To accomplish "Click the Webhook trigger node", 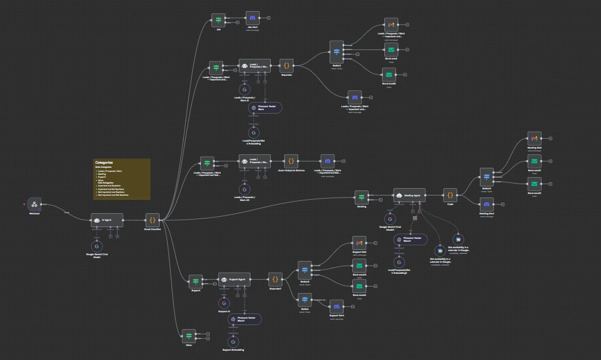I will click(x=34, y=204).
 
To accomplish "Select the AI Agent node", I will click(x=107, y=220).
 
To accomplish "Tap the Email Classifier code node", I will click(x=153, y=220).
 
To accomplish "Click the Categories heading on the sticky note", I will click(x=104, y=163).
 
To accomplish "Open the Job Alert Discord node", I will click(x=252, y=18).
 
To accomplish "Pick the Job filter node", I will click(x=218, y=20).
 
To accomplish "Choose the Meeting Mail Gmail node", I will click(x=535, y=139).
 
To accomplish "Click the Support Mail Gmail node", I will click(x=359, y=243).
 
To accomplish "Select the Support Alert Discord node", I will click(x=336, y=306).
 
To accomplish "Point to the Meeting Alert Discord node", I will click(x=486, y=204).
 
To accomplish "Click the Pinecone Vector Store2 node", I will click(x=411, y=239).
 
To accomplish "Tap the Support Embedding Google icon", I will click(x=233, y=340).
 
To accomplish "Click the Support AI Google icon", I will click(x=224, y=303).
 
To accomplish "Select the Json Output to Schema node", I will click(x=291, y=161).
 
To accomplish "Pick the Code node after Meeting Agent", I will click(x=450, y=196).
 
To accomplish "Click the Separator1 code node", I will click(x=275, y=279).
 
